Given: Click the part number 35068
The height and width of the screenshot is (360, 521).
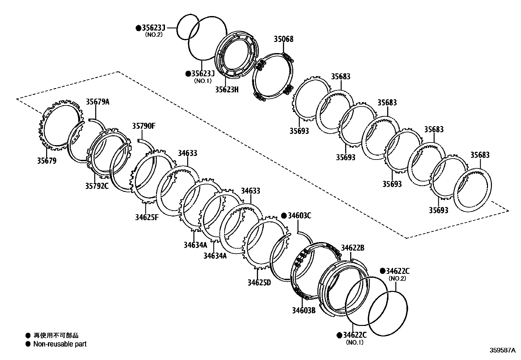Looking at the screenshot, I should tap(283, 39).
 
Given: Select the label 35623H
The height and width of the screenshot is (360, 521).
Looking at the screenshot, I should tap(226, 89).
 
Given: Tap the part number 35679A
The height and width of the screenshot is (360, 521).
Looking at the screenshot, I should tap(98, 102).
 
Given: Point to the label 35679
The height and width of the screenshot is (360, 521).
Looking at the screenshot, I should tap(46, 161).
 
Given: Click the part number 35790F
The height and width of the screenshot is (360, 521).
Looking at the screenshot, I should tap(144, 126).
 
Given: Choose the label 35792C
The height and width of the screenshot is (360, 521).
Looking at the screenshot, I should tap(97, 186).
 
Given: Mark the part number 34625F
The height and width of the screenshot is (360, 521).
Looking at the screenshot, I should tap(147, 217).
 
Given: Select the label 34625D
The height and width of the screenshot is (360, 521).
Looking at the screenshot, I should tap(259, 282).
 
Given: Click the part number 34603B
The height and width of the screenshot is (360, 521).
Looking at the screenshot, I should tap(304, 310).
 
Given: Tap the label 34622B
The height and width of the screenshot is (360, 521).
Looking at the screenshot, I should tap(352, 248).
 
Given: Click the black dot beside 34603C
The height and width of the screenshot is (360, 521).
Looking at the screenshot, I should tap(284, 216).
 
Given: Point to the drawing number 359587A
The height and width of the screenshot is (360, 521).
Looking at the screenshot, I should tap(502, 350).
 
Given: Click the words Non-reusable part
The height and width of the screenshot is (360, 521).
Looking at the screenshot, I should tap(60, 344).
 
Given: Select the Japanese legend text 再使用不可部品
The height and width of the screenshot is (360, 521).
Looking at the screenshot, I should tap(56, 335).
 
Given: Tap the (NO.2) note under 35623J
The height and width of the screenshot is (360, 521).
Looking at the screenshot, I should tap(154, 34).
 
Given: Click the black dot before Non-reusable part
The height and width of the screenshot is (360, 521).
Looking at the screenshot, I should tap(28, 344).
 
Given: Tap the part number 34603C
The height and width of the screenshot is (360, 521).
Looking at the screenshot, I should tap(299, 216).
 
